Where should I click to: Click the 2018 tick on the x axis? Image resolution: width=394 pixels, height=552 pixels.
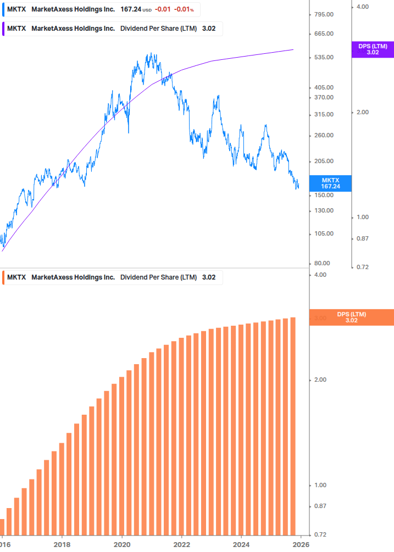click(62, 544)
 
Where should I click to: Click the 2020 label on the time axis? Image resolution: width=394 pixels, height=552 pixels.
click(122, 544)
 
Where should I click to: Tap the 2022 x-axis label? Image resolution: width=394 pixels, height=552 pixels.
click(182, 544)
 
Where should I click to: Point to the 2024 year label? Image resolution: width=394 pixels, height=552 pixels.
click(241, 544)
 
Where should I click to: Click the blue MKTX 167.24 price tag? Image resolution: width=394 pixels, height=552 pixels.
click(330, 183)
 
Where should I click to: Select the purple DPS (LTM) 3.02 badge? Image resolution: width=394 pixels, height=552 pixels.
click(373, 49)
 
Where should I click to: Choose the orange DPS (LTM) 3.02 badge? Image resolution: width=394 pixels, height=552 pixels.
click(352, 317)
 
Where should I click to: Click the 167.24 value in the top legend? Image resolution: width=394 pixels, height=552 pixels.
click(130, 9)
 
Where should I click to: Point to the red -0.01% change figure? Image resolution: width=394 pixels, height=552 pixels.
click(184, 9)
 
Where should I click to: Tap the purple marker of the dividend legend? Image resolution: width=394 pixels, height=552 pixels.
click(4, 29)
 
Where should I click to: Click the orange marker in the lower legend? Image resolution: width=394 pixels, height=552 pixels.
click(4, 277)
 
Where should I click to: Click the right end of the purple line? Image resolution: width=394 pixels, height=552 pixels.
click(293, 49)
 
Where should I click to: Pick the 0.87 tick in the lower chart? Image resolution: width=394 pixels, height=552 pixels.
click(321, 506)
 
